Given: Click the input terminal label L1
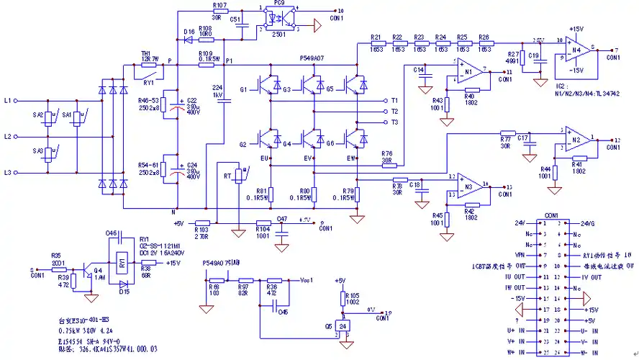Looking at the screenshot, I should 8,101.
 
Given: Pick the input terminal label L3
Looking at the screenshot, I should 8,173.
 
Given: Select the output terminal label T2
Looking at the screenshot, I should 394,112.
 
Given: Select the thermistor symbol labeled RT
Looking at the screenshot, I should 237,175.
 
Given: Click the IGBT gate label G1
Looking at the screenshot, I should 243,89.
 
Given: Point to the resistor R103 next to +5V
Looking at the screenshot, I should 202,222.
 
